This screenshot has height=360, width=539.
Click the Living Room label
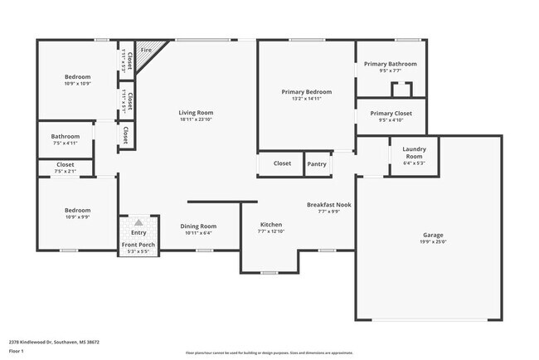[196, 113]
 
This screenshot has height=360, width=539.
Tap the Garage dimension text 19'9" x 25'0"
[429, 243]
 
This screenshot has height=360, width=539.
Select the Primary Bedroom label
[306, 92]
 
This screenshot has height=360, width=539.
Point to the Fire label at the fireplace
[146, 51]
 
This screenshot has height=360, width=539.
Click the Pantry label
[317, 164]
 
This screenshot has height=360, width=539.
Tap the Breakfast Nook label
[329, 204]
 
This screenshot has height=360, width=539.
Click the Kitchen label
[271, 225]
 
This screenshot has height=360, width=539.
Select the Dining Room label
[198, 226]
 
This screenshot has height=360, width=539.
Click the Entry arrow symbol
[138, 222]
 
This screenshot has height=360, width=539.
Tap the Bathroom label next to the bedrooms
[66, 137]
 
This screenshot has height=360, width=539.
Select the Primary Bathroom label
[390, 64]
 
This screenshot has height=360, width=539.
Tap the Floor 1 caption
[17, 351]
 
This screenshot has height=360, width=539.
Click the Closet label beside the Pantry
[282, 164]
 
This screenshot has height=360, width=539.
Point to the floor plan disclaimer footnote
[269, 353]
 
